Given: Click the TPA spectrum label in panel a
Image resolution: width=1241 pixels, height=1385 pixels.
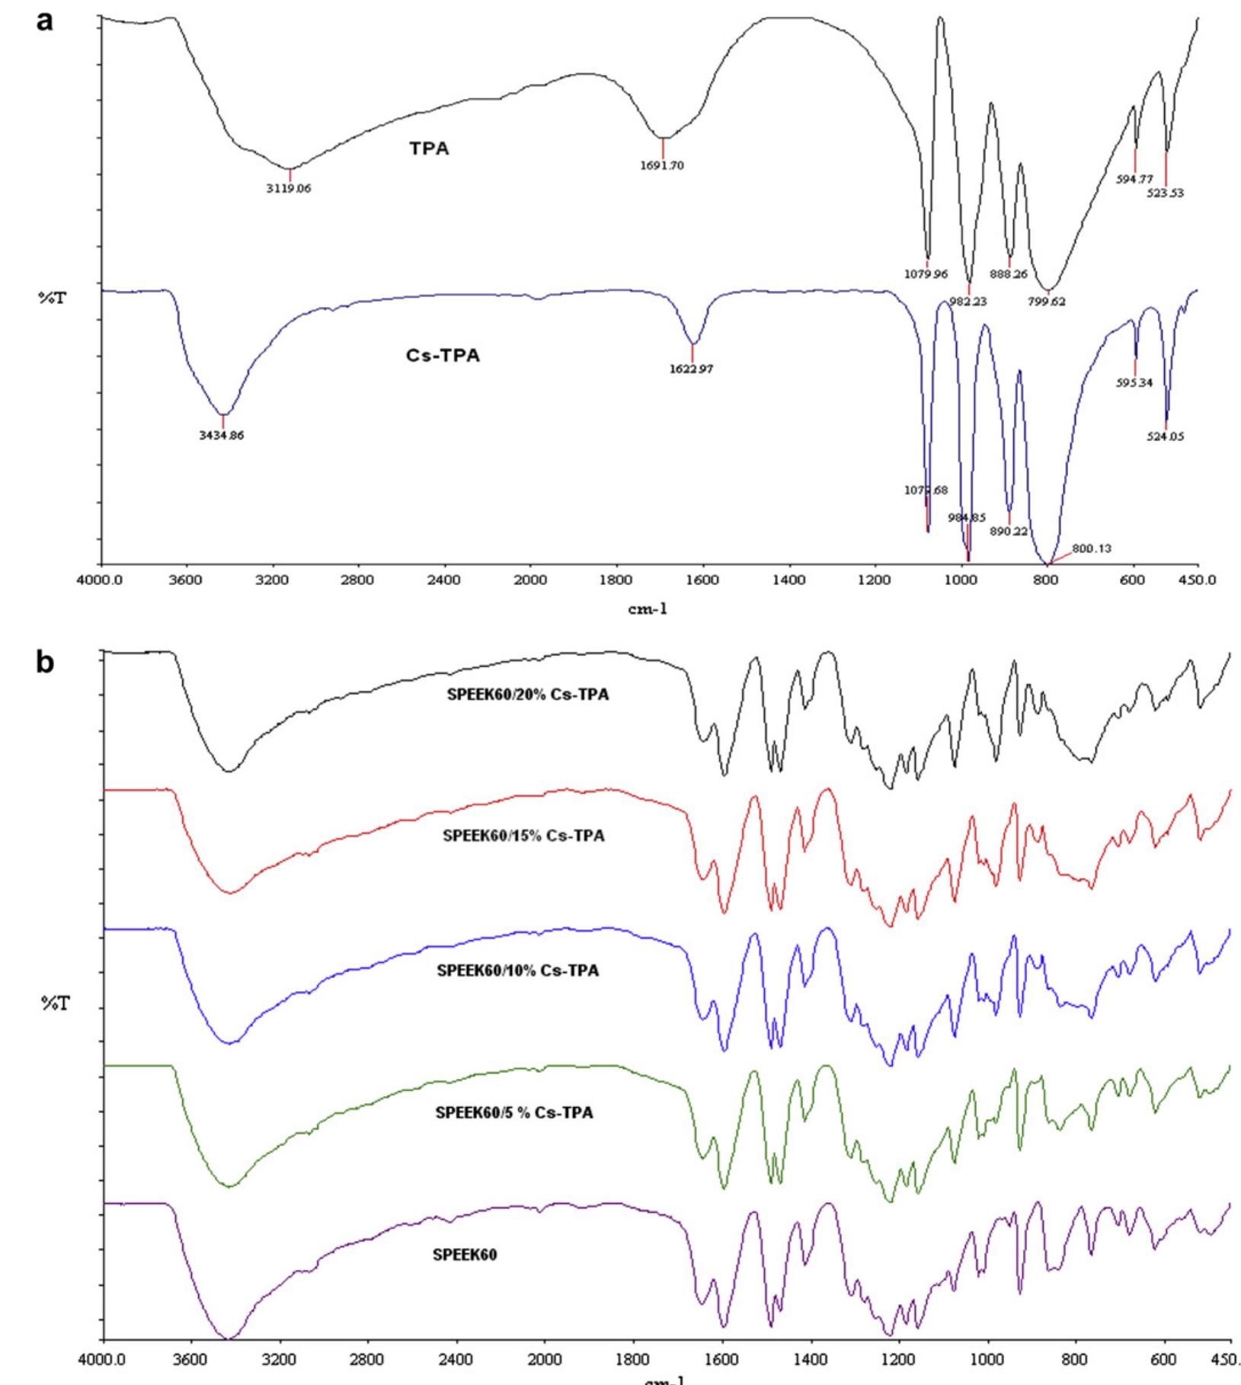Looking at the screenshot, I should click(x=429, y=149).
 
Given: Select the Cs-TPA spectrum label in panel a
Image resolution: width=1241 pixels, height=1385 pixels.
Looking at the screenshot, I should click(x=443, y=356).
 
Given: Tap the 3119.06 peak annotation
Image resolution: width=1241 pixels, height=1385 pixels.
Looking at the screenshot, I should click(x=288, y=189).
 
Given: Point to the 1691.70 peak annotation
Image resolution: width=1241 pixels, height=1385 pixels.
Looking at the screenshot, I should click(x=662, y=165).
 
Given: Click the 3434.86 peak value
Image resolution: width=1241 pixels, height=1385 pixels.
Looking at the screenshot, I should click(x=222, y=436).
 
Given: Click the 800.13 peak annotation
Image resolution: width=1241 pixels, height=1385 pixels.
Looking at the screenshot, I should click(x=1091, y=548).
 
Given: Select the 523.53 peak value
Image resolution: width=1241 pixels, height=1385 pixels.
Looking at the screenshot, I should click(x=1166, y=194).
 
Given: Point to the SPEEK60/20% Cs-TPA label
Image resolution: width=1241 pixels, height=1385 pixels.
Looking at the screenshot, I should click(x=528, y=695).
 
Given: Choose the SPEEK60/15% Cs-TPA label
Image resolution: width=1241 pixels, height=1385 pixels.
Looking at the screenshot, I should click(x=523, y=836).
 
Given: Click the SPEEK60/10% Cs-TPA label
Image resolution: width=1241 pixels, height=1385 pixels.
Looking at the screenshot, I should click(x=517, y=971).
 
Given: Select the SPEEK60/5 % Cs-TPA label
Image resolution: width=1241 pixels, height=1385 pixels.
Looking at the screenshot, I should click(x=514, y=1113).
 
